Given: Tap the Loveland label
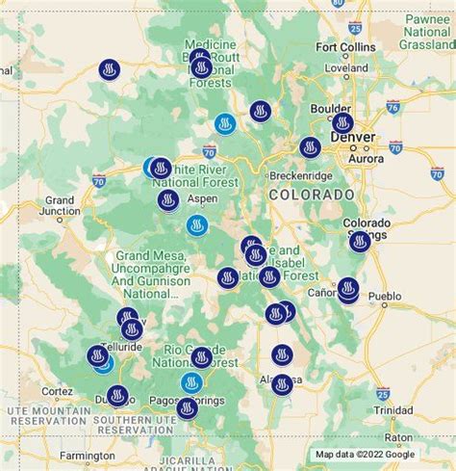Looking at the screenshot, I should tap(345, 69).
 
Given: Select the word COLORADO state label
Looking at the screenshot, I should tap(312, 196).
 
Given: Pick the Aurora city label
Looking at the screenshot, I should tap(365, 158).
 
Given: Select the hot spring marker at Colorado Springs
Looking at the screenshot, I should tap(360, 241).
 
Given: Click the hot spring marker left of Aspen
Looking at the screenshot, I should tap(168, 200).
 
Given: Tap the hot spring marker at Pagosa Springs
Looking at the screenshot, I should tap(188, 408).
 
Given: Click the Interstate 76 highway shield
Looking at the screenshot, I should tap(393, 106).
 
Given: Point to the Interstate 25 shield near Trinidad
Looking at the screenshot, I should tap(384, 393).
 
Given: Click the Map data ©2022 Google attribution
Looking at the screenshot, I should tap(365, 455).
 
